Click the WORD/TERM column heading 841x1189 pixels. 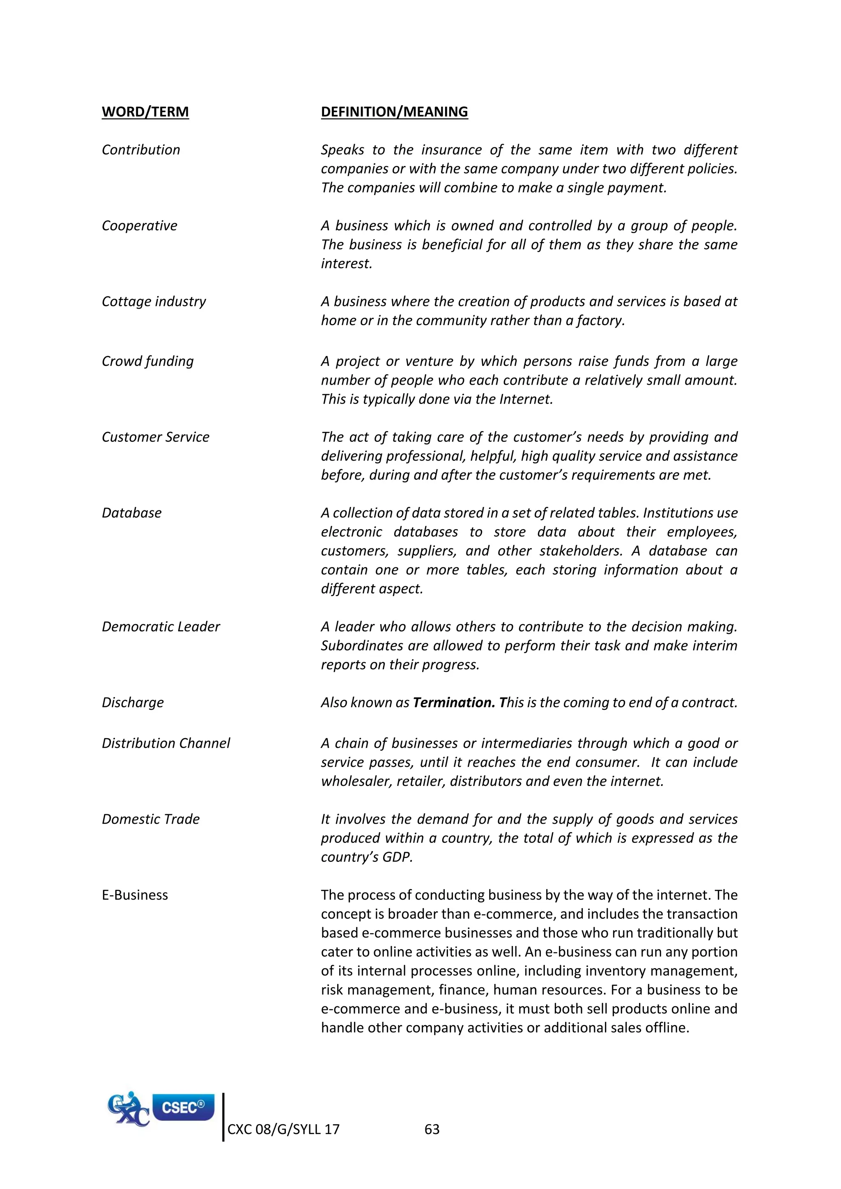point(145,112)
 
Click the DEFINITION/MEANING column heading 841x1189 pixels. point(394,112)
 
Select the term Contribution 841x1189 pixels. point(141,150)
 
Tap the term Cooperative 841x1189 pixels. point(139,226)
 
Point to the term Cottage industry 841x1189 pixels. point(154,302)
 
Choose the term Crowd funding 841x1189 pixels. point(147,361)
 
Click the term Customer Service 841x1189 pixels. point(155,437)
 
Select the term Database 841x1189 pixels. point(131,513)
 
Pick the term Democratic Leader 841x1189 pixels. point(161,627)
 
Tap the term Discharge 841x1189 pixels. point(133,703)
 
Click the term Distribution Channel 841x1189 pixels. point(166,744)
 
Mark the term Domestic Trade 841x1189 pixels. point(151,819)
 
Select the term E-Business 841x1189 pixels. point(135,895)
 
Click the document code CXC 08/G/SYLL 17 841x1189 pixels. point(283,1129)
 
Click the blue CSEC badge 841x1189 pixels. point(183,1107)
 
